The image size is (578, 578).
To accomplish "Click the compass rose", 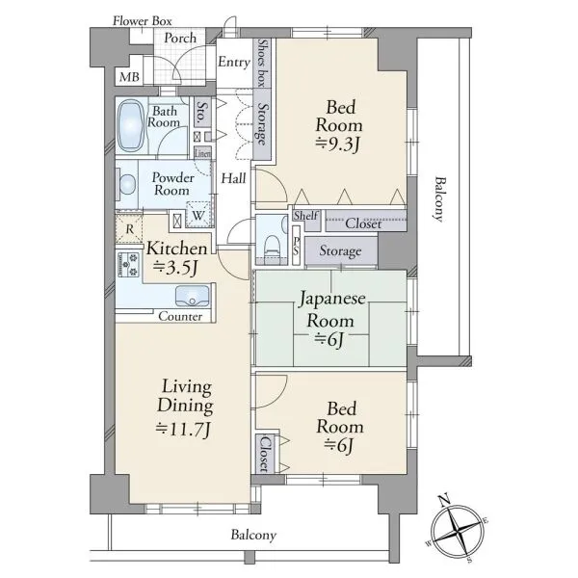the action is point(458,532).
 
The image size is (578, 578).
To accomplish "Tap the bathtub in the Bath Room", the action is point(130,125).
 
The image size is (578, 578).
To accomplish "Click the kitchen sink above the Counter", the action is point(192,296).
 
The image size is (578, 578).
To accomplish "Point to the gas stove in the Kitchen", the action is point(128,264).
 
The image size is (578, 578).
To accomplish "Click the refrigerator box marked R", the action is point(129,229).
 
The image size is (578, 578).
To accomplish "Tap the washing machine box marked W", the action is point(198,215).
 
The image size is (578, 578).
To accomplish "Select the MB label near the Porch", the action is point(129,77).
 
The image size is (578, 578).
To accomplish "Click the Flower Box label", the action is point(143,21).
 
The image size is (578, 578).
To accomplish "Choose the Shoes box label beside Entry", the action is point(262,63).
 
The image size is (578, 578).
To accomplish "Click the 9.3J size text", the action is point(337,144).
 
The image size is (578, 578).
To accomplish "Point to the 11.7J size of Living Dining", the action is point(183,429).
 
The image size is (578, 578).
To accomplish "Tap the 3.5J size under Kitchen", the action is point(176,268).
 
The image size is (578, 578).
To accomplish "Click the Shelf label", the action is point(306,216).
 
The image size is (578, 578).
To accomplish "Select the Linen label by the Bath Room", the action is point(202,153).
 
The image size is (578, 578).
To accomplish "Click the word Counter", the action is point(180,316).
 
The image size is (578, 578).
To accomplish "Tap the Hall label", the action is point(233,179).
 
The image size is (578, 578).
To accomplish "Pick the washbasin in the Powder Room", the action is point(127,184).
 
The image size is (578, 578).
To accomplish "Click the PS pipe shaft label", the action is point(297,247).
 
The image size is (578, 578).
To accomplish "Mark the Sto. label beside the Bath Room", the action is point(201,112).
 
